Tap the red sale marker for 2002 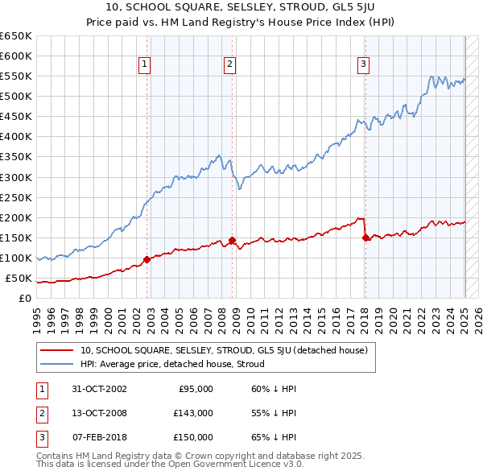coord(147,259)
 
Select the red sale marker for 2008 coord(232,240)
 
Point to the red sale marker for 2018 coord(365,237)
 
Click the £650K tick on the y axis coord(16,36)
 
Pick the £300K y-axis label coord(16,177)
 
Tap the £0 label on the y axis coord(25,299)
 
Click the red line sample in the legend coord(56,351)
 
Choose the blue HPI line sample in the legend coord(56,365)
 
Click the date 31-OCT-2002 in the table coord(100,389)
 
